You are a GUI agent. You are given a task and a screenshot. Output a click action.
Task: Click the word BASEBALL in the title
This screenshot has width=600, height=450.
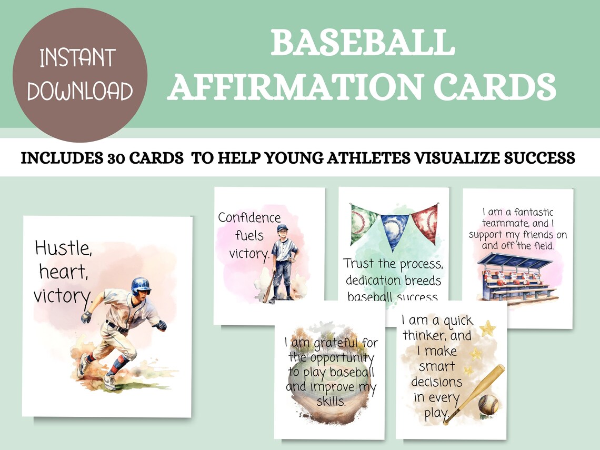point(363,43)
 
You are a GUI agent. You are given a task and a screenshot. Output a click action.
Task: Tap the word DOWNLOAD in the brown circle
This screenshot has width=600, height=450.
point(80,91)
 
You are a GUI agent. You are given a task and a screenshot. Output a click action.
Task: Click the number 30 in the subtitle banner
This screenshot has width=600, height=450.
point(140,158)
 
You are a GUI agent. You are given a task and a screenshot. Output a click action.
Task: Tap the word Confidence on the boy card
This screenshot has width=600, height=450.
point(249,217)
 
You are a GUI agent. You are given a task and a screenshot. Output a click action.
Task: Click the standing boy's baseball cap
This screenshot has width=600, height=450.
point(283,228)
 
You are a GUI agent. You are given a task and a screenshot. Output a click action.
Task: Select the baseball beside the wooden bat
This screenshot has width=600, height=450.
point(488,404)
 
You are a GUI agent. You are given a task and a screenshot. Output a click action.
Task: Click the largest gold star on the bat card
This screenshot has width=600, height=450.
point(487,329)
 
